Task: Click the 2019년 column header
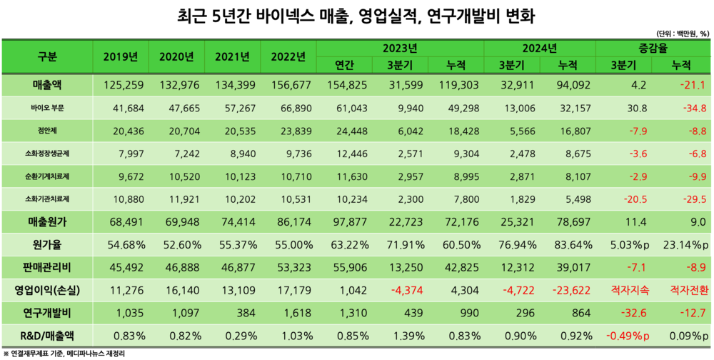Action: [x=121, y=56]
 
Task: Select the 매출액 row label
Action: [x=47, y=86]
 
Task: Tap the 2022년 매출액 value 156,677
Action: [x=288, y=86]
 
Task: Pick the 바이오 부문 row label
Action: [x=47, y=109]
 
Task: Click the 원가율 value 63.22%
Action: [x=345, y=245]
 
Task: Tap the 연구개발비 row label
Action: [x=47, y=313]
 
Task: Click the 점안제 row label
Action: [x=47, y=131]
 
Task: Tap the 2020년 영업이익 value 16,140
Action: [x=176, y=291]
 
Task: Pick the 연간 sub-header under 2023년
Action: [x=345, y=65]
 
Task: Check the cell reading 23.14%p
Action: [x=684, y=245]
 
